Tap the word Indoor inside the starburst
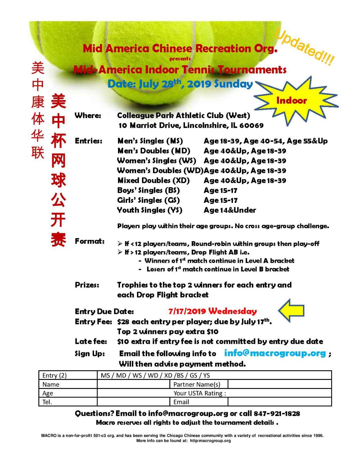point(291,100)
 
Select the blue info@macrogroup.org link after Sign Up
point(275,353)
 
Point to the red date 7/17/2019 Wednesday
point(213,311)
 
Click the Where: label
point(88,115)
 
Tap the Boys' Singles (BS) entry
point(149,190)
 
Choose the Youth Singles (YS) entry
point(150,210)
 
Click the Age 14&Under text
point(230,210)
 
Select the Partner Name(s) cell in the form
point(197,384)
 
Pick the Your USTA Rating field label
point(200,393)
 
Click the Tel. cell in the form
point(47,402)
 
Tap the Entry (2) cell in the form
point(55,375)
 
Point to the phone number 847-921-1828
point(277,414)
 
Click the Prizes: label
point(87,285)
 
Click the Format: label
point(90,241)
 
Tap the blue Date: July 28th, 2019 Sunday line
point(180,83)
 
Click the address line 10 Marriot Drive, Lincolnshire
point(191,125)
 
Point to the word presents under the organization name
point(180,59)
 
